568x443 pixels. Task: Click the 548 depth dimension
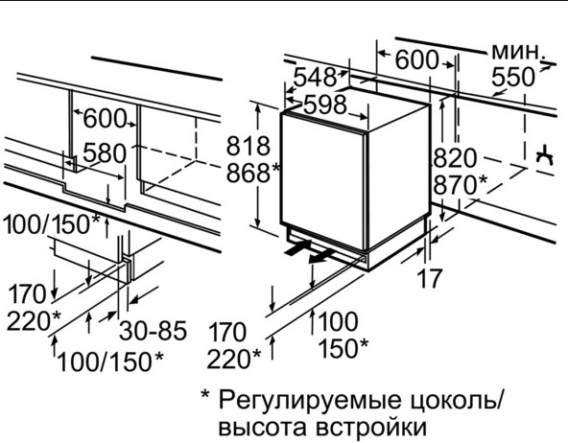click(x=315, y=77)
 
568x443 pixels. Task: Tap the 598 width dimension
click(x=325, y=105)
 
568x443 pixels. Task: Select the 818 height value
click(x=248, y=146)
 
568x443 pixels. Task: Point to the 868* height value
click(x=253, y=173)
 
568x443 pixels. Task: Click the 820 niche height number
click(x=455, y=158)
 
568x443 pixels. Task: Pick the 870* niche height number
click(x=461, y=185)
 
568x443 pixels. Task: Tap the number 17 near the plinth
click(x=430, y=278)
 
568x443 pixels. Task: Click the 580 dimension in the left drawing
click(x=105, y=152)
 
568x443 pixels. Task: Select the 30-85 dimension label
click(x=154, y=330)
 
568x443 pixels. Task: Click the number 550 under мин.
click(x=513, y=77)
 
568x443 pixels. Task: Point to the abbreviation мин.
click(x=518, y=53)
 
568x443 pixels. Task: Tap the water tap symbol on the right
click(x=545, y=156)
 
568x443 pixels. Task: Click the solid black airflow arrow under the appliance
click(x=297, y=247)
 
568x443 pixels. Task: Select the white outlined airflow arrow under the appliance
click(x=321, y=256)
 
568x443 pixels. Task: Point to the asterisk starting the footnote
click(x=205, y=394)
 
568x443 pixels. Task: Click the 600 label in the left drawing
click(x=105, y=118)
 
